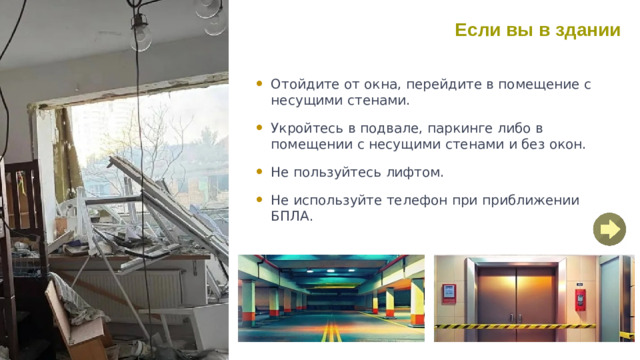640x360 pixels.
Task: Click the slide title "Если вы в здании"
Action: click(x=537, y=30)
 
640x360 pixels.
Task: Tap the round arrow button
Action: click(x=608, y=230)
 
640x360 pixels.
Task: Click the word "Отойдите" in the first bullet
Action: click(x=301, y=85)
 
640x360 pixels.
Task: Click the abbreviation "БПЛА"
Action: click(x=291, y=215)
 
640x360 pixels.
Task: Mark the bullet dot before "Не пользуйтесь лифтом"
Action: click(x=259, y=172)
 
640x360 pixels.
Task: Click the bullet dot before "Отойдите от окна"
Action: click(x=259, y=85)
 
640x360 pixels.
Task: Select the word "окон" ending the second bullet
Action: click(x=565, y=144)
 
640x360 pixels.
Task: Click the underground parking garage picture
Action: click(x=331, y=298)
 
